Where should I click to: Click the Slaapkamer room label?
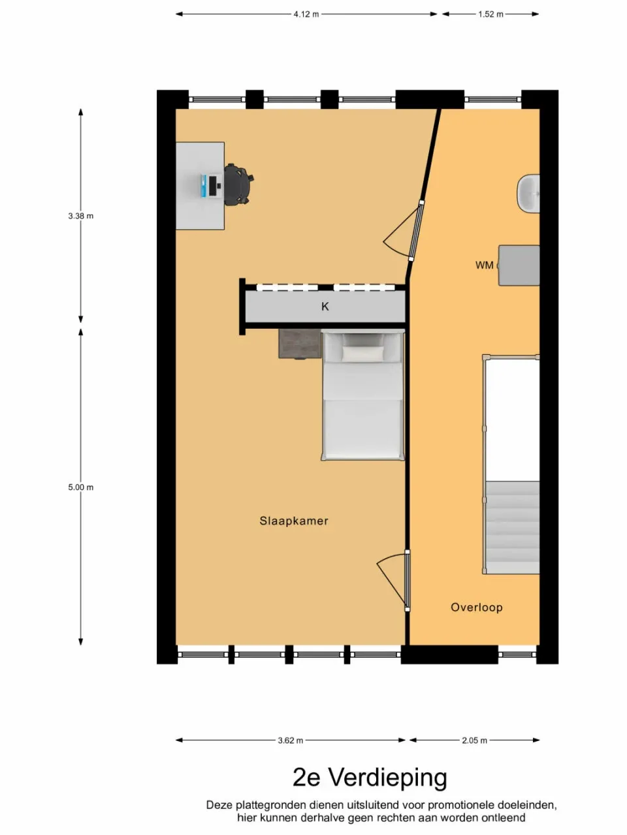click(x=294, y=521)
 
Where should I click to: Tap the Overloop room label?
click(x=477, y=607)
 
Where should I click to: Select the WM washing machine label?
click(x=484, y=265)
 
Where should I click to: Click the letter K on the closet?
click(x=325, y=307)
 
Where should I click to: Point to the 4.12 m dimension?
click(x=306, y=14)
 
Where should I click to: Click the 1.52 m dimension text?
click(x=490, y=14)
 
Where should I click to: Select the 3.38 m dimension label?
click(x=81, y=216)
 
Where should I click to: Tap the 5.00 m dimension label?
click(x=81, y=487)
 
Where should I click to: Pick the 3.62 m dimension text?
click(x=290, y=740)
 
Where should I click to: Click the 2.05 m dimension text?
click(x=474, y=740)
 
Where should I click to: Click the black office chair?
click(x=238, y=184)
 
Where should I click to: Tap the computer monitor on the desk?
click(x=212, y=186)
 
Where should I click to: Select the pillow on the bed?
click(x=363, y=354)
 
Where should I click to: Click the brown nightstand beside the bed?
click(x=300, y=344)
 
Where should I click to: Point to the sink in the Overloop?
click(x=529, y=194)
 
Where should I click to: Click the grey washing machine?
click(x=519, y=266)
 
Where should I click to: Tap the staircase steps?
click(x=513, y=527)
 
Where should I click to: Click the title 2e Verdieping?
click(x=370, y=778)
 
